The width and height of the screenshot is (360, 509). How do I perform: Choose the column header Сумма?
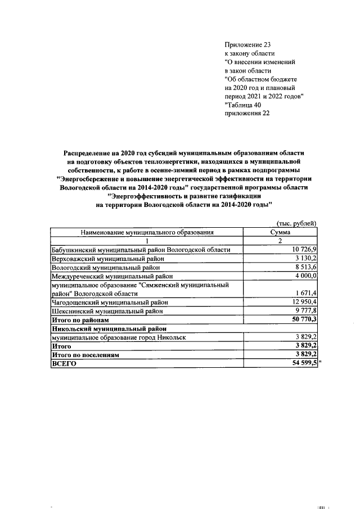point(280,232)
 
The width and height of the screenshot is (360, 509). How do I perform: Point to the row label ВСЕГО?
point(64,364)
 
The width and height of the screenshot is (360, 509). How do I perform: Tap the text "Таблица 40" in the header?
point(242,105)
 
